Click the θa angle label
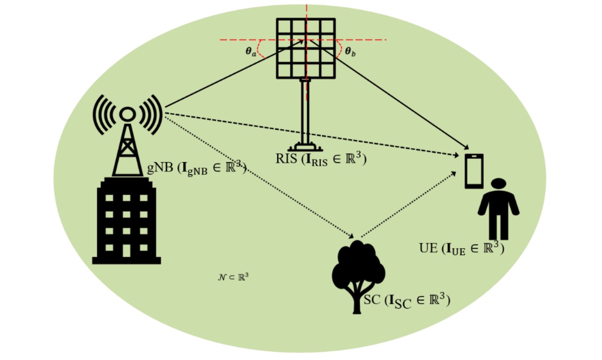tap(250, 51)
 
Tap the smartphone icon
tap(474, 171)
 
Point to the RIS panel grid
tap(306, 48)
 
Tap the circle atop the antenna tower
tap(127, 113)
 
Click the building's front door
tap(126, 250)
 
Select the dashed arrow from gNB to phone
tap(314, 134)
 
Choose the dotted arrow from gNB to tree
tap(259, 175)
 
